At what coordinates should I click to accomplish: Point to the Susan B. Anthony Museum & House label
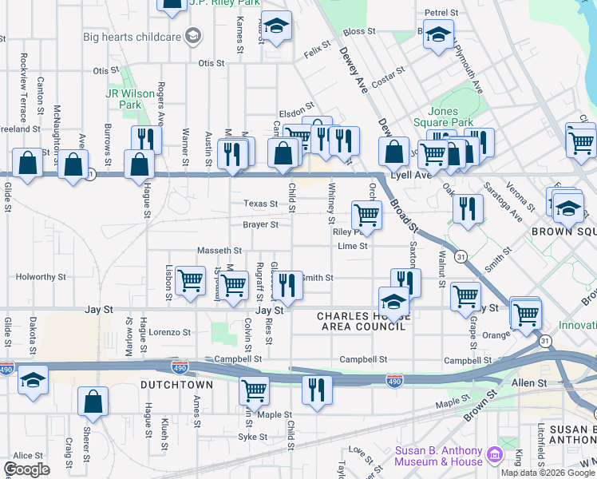pyautogui.click(x=439, y=456)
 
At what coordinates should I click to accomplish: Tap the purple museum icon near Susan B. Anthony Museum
pyautogui.click(x=495, y=455)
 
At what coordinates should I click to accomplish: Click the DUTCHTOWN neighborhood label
pyautogui.click(x=176, y=385)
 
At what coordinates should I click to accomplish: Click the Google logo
pyautogui.click(x=27, y=469)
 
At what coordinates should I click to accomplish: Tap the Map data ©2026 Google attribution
pyautogui.click(x=547, y=473)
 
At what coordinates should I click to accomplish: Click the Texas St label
pyautogui.click(x=260, y=204)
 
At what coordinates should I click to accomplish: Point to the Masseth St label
pyautogui.click(x=214, y=251)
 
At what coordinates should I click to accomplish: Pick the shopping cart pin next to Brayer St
pyautogui.click(x=366, y=214)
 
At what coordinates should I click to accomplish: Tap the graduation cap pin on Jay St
pyautogui.click(x=393, y=302)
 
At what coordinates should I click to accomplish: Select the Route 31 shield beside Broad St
pyautogui.click(x=461, y=255)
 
